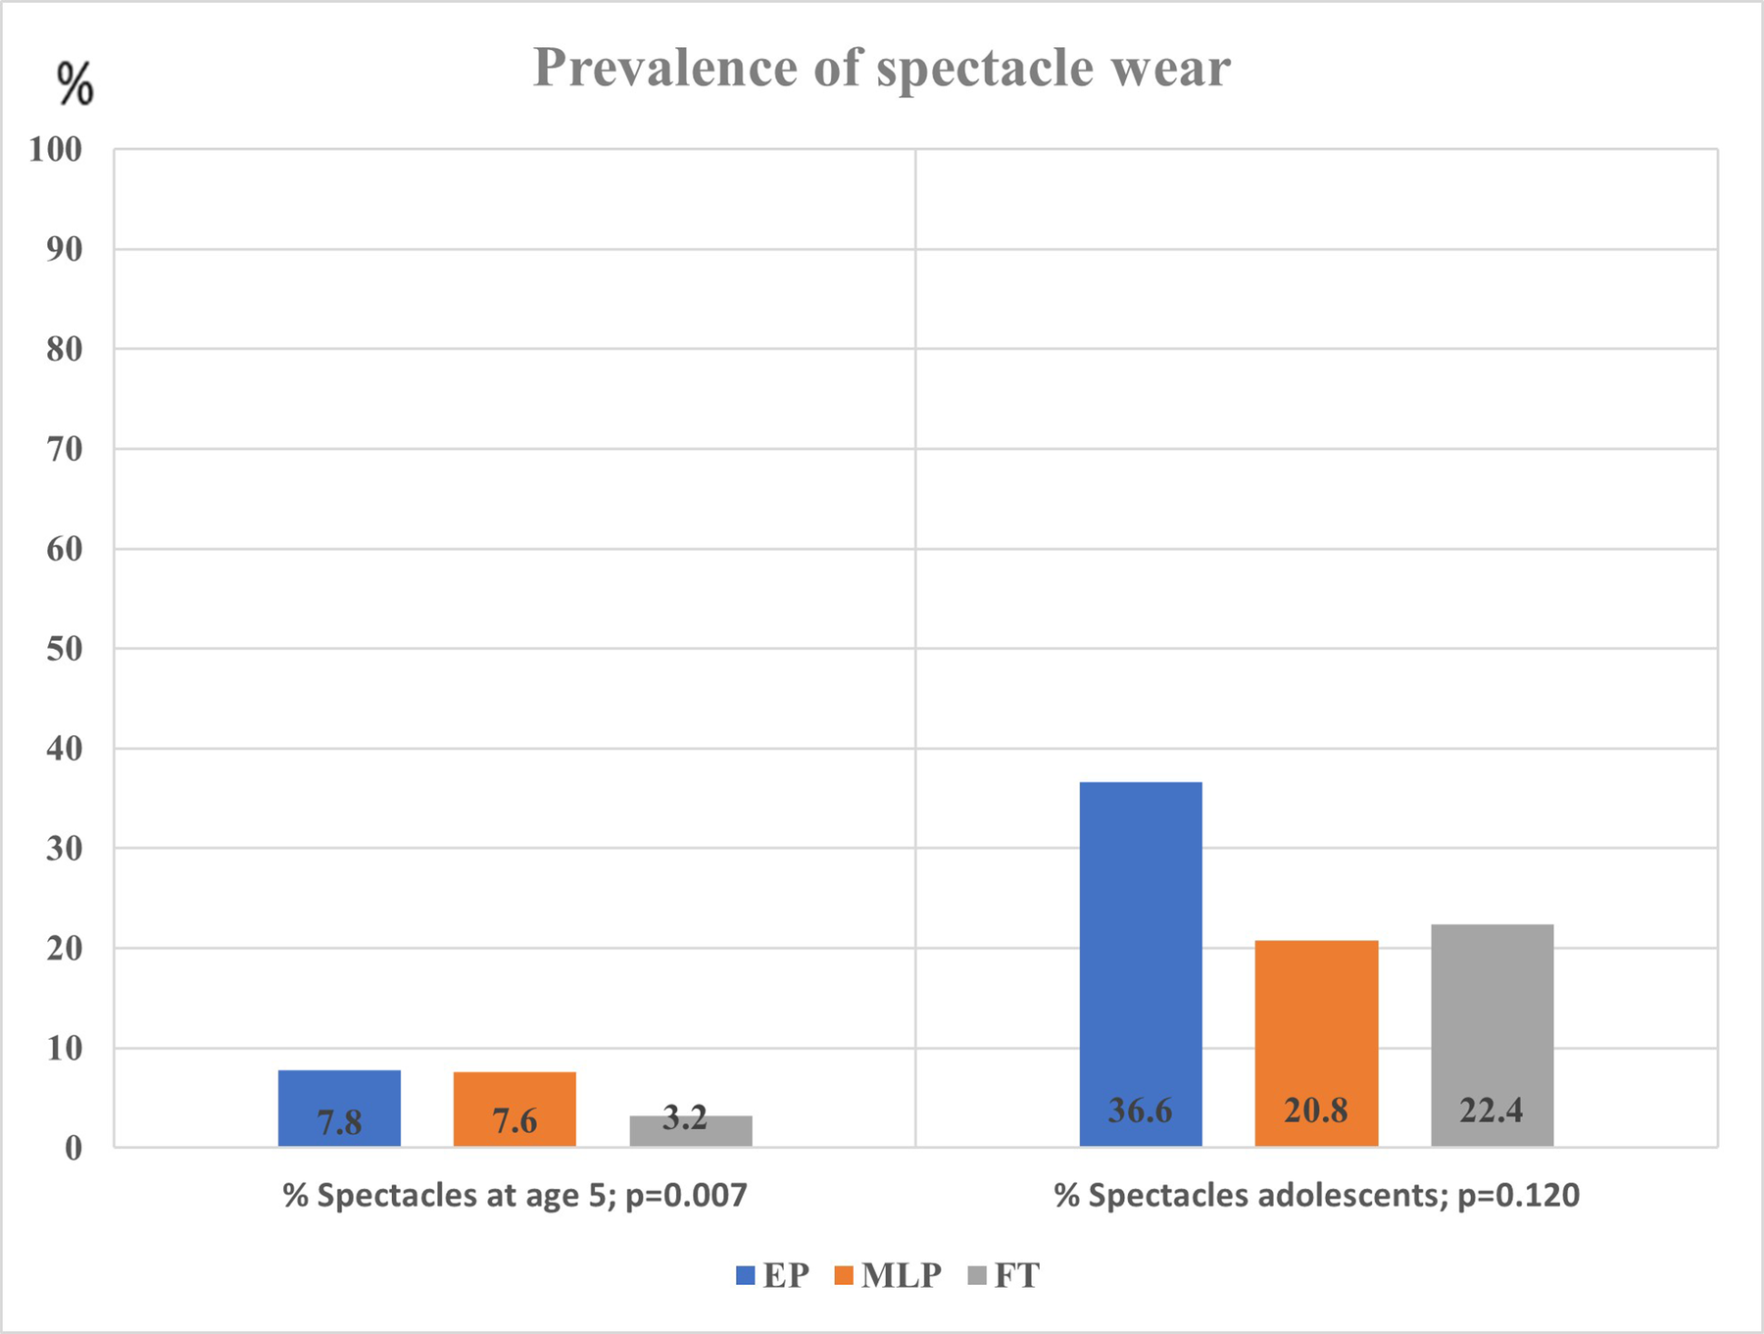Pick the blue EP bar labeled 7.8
tap(339, 1108)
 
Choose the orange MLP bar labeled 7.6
tap(514, 1109)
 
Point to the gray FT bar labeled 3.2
tap(690, 1131)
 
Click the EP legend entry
tap(773, 1276)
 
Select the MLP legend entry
tap(888, 1276)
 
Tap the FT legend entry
tap(1004, 1276)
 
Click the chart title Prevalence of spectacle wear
tap(881, 69)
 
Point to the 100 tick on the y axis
tap(56, 150)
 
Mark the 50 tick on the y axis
tap(65, 649)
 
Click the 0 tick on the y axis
tap(73, 1148)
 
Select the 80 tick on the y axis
tap(65, 350)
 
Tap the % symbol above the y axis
tap(74, 84)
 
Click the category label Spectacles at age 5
tap(514, 1196)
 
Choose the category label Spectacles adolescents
tap(1316, 1196)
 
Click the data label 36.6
tap(1140, 1111)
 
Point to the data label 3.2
tap(685, 1117)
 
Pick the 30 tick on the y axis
tap(65, 849)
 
